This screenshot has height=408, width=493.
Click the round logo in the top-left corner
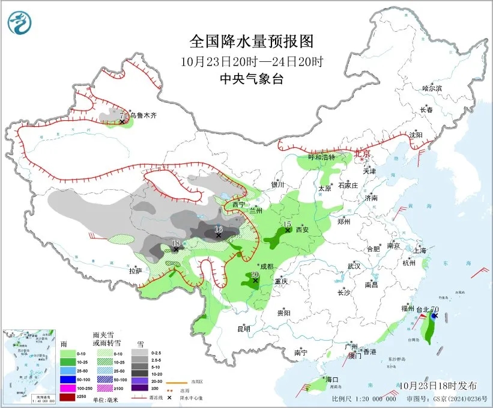pyautogui.click(x=19, y=22)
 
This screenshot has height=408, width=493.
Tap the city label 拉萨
pyautogui.click(x=135, y=271)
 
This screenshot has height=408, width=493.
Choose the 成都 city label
pyautogui.click(x=265, y=266)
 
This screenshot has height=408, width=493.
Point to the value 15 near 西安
pyautogui.click(x=287, y=224)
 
